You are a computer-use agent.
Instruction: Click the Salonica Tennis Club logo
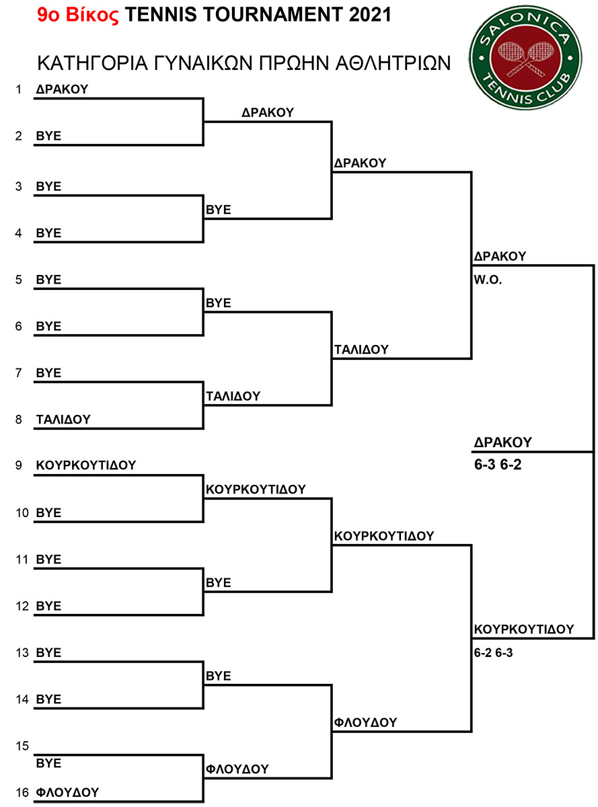tap(525, 57)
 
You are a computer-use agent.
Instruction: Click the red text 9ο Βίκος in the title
tap(78, 15)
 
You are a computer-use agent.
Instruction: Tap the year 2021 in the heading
tap(370, 15)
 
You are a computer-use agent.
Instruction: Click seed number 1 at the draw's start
tap(19, 89)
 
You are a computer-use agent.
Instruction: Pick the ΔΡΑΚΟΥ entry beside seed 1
tap(62, 89)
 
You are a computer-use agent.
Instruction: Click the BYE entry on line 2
tap(48, 136)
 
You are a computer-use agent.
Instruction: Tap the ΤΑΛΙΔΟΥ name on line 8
tap(63, 419)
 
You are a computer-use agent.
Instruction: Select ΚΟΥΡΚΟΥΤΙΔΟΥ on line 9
tap(86, 465)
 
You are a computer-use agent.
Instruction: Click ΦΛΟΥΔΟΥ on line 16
tap(67, 792)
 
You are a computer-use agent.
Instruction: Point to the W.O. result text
tap(488, 280)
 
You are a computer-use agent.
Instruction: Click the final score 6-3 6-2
tap(498, 465)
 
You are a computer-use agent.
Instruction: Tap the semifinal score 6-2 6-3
tap(493, 653)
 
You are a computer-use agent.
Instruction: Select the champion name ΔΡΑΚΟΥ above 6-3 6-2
tap(502, 443)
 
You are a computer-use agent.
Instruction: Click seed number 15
tap(22, 746)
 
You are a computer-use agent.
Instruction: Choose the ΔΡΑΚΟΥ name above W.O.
tap(500, 256)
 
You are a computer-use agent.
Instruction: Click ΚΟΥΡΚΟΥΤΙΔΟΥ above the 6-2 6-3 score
tap(524, 629)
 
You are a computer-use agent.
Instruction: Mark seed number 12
tap(22, 606)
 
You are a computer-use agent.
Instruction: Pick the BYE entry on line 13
tap(48, 653)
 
